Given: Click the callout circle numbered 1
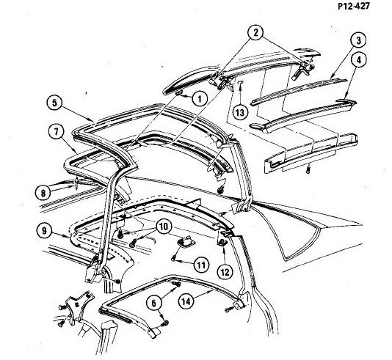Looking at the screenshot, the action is [x=200, y=99].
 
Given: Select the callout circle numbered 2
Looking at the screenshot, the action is [x=255, y=33].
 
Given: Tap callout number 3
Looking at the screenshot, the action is [x=359, y=40].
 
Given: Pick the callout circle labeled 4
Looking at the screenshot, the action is [x=359, y=60].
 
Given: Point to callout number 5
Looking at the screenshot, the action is [x=55, y=103].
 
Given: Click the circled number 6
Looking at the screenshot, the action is [x=153, y=303].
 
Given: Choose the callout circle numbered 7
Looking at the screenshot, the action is [x=57, y=131].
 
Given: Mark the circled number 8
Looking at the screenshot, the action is [x=43, y=192].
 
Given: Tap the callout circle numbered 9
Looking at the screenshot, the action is [x=44, y=231].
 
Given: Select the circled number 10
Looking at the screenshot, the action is [x=164, y=227].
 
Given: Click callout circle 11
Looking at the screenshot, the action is [x=201, y=265].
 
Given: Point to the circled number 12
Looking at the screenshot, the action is [x=225, y=272].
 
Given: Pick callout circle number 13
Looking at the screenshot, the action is [x=240, y=112].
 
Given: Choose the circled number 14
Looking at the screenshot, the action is [x=186, y=301].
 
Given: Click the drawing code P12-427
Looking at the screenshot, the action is [x=354, y=6].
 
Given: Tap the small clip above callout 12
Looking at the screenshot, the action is [x=222, y=242].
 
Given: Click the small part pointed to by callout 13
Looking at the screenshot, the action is [x=240, y=81].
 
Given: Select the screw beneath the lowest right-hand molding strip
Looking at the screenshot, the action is [x=308, y=170].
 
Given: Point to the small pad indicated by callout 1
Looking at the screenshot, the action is [x=178, y=93].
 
